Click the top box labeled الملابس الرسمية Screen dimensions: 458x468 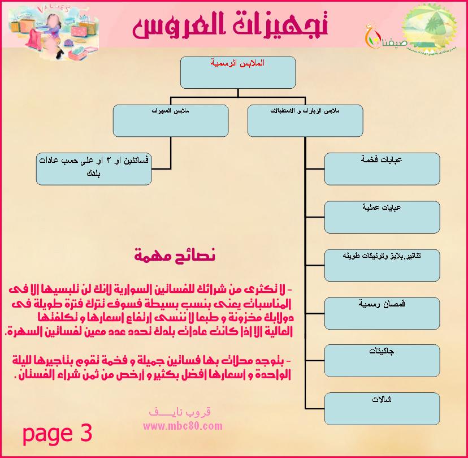click(237, 71)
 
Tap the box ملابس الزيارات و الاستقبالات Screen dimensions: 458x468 click(305, 120)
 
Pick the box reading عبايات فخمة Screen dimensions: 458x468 click(382, 168)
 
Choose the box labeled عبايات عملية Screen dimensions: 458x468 click(382, 216)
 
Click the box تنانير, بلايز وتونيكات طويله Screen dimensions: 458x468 click(382, 264)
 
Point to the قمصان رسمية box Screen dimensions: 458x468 click(382, 312)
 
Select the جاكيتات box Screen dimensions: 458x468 click(382, 360)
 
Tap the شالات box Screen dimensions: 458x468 click(382, 408)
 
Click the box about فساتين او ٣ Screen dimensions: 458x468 click(94, 168)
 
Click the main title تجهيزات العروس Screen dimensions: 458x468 click(231, 26)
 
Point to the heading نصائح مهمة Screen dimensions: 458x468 click(175, 255)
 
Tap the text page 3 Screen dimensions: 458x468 click(57, 434)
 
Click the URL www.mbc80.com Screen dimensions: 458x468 click(179, 425)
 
